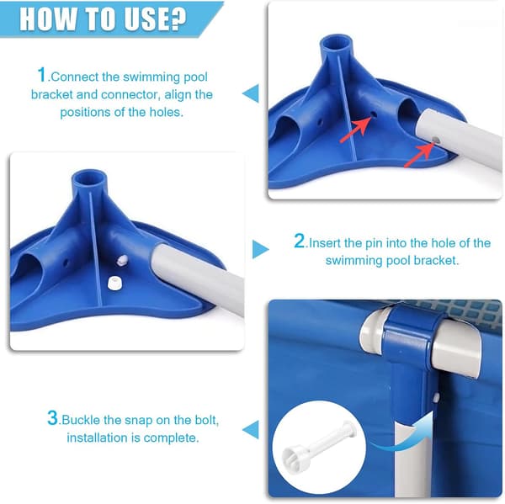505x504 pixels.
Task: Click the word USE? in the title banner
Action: tap(155, 19)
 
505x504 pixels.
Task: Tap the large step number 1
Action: tap(41, 74)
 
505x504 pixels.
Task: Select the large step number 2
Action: tap(299, 241)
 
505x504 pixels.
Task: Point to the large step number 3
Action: tap(52, 417)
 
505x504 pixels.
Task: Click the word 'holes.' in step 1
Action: tap(166, 112)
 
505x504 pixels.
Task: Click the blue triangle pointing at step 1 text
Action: tap(251, 93)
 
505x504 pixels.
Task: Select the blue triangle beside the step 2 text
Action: tap(260, 249)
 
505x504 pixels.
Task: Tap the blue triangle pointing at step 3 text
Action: tap(251, 429)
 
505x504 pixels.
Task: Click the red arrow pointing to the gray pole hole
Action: tap(418, 156)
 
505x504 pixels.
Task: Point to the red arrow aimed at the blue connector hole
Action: tap(355, 130)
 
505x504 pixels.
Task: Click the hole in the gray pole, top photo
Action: tap(436, 140)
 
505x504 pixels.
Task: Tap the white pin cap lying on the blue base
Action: tap(114, 283)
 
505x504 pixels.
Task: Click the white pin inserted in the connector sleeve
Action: tap(122, 260)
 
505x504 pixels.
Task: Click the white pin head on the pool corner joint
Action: tap(436, 397)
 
